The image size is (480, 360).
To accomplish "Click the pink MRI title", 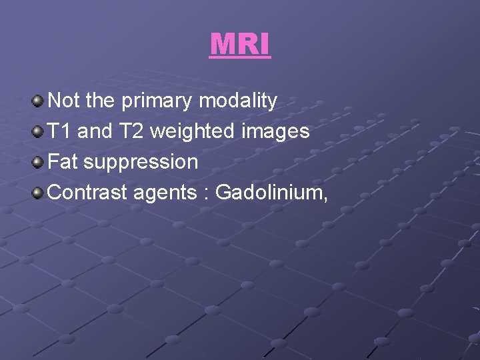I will pos(240,45).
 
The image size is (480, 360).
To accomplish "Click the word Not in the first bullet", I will pos(65,101).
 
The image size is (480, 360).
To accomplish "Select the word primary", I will pos(157,101).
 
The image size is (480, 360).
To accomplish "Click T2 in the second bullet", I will pos(130,131).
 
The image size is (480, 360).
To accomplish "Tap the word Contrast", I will pos(87,193).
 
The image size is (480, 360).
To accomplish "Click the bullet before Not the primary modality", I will pos(39,101).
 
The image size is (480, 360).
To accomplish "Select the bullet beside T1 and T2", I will pos(39,132).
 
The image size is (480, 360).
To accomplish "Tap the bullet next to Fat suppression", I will pos(39,163).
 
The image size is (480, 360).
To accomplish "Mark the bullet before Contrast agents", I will pos(39,193).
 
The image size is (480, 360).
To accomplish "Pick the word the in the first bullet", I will pos(100,101).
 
